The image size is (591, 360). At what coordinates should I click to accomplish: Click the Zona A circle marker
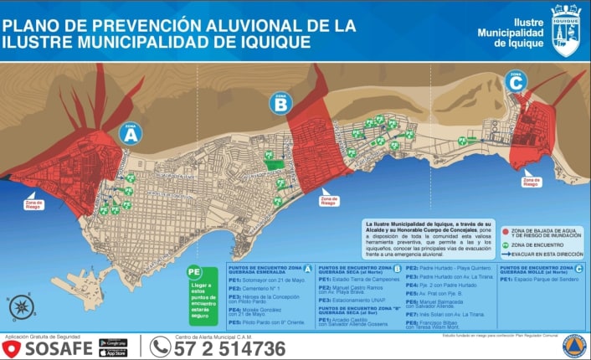click(130, 133)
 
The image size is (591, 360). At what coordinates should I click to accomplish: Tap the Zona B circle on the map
click(280, 103)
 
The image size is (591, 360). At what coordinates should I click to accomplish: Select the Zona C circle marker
click(516, 81)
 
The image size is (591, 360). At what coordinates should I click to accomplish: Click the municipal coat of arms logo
click(566, 30)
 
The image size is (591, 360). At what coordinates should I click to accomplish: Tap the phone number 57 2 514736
click(229, 347)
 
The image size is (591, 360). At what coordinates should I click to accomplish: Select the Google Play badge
click(113, 342)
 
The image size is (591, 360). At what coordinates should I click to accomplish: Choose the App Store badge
click(113, 352)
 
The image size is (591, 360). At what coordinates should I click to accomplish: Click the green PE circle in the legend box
click(194, 272)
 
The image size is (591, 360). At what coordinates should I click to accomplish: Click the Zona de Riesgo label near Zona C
click(531, 180)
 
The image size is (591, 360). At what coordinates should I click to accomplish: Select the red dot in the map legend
click(506, 229)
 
